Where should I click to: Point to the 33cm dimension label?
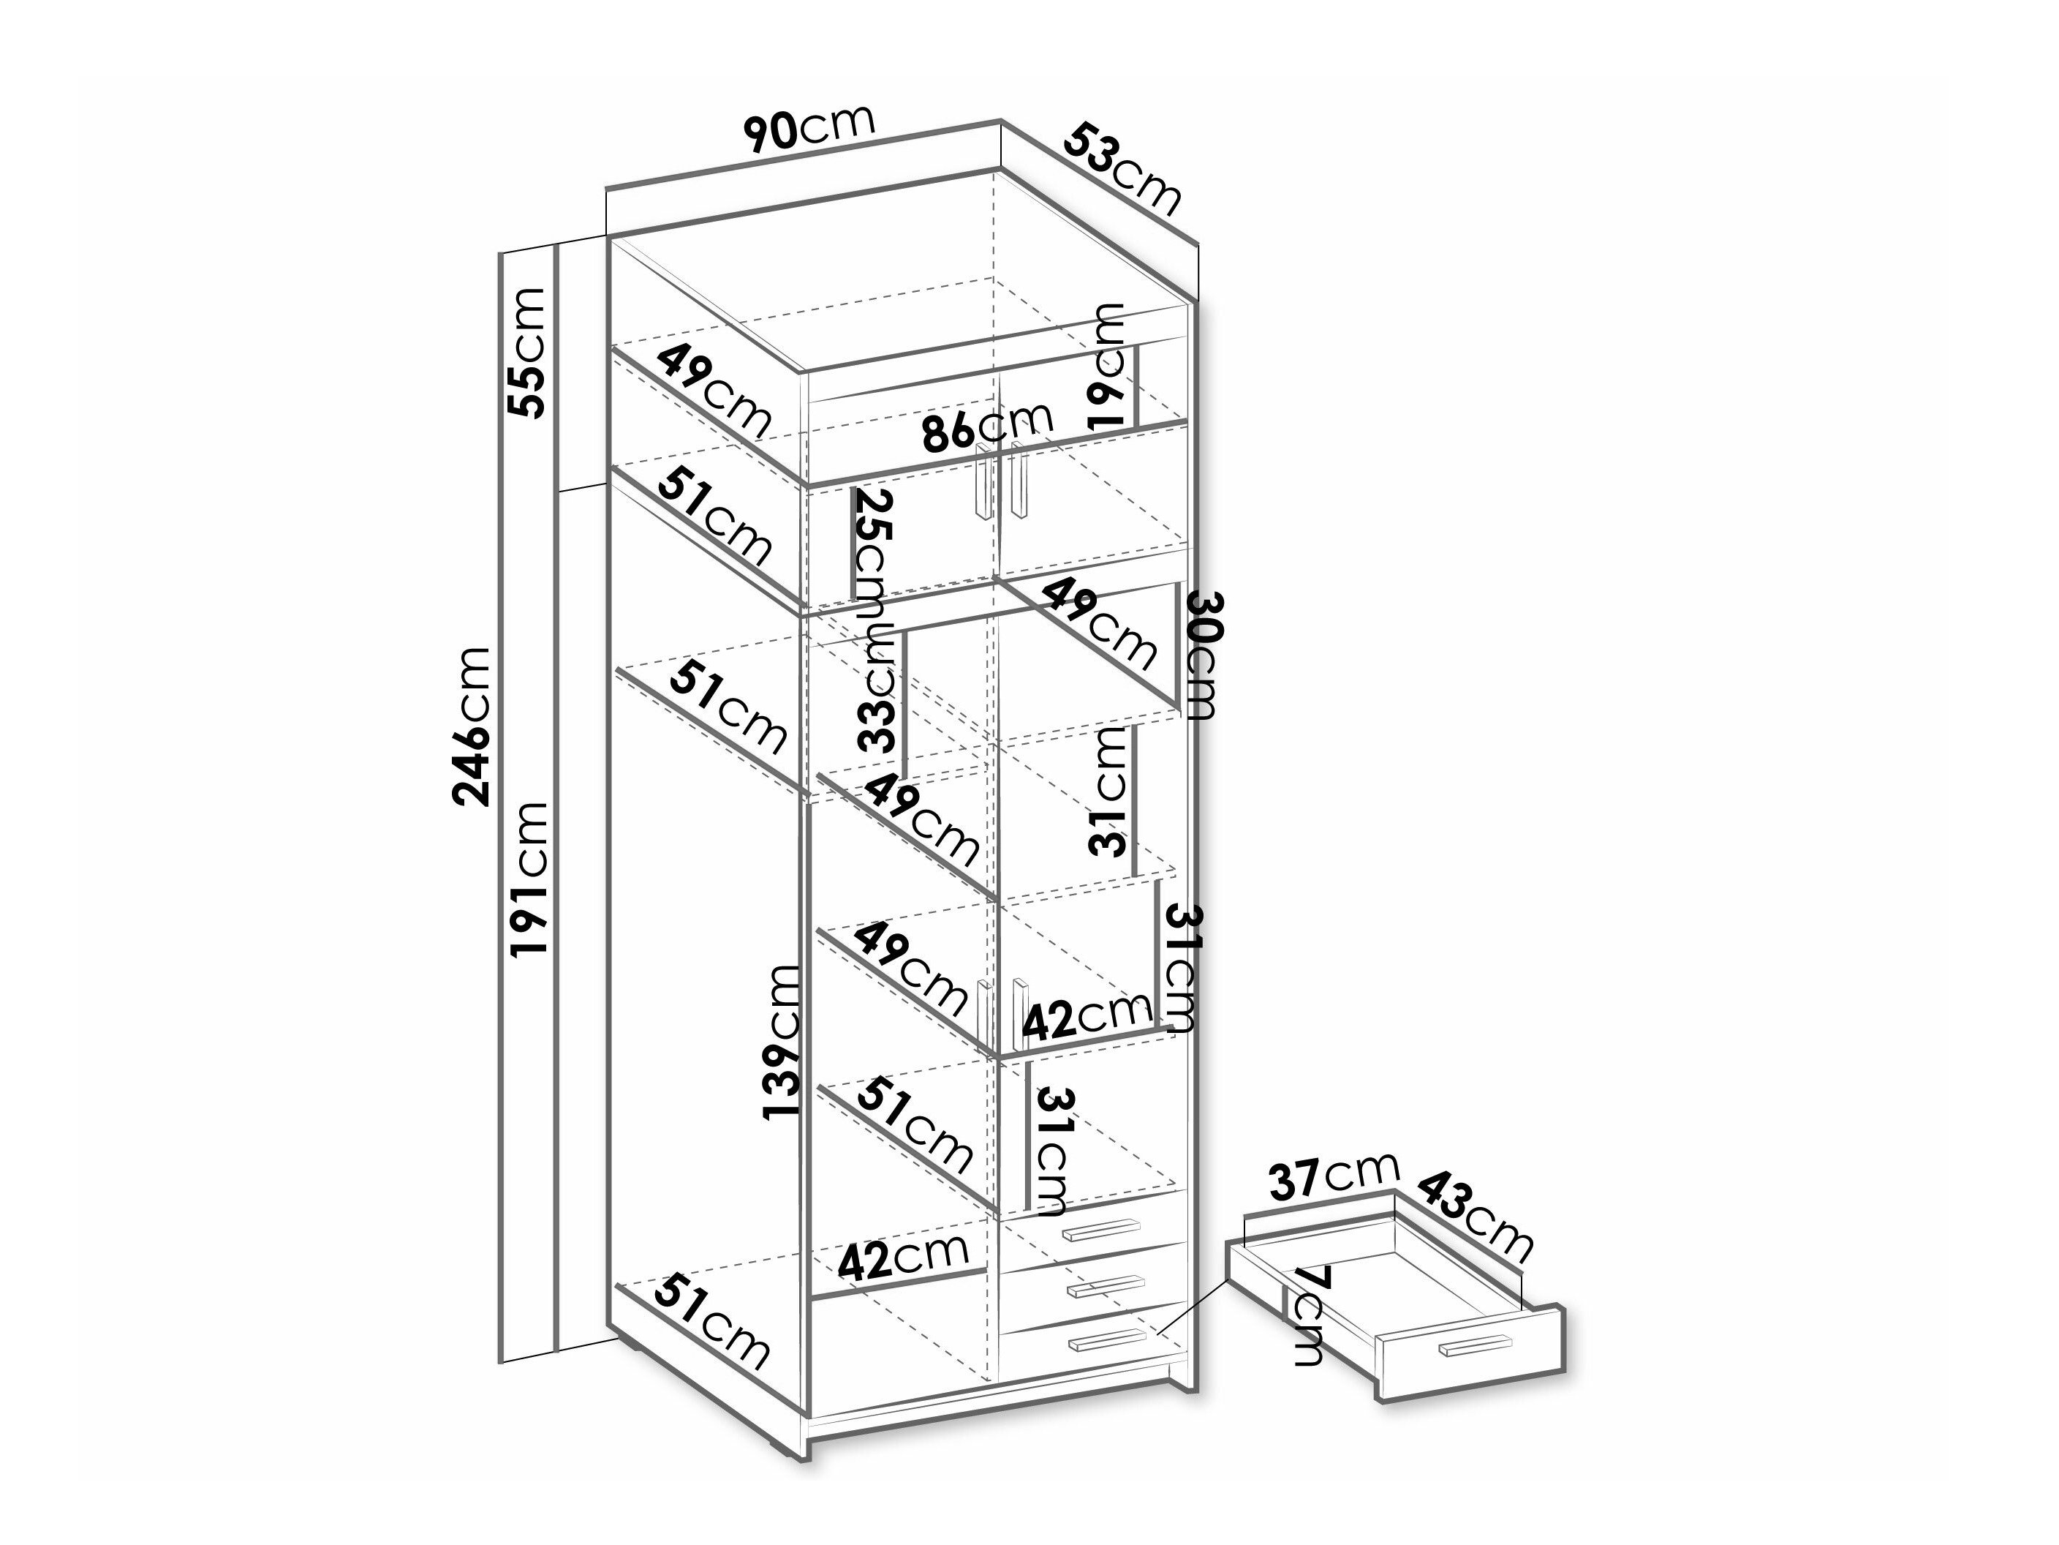coord(877,689)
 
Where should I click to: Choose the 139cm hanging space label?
coord(781,1041)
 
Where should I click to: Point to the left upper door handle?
coord(983,481)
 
